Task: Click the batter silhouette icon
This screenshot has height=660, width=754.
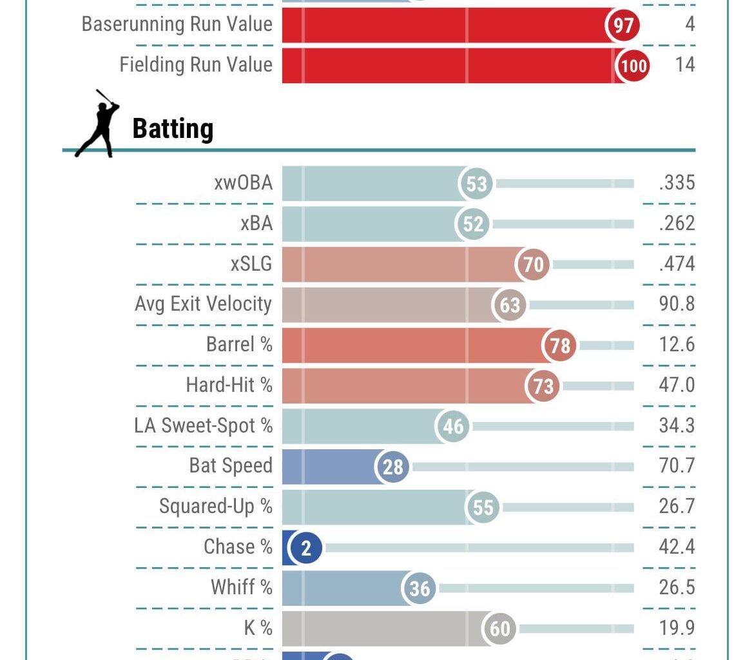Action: point(97,124)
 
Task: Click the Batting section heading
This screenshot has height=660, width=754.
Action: point(173,129)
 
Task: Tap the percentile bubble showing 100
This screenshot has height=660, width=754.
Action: point(633,65)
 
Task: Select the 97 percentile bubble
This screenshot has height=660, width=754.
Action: point(623,25)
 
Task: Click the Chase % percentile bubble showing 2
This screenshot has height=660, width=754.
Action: point(306,548)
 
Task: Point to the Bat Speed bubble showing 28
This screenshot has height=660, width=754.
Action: point(392,467)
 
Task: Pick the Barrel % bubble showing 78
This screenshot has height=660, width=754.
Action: point(560,345)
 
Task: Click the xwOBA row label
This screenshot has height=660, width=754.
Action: point(243,183)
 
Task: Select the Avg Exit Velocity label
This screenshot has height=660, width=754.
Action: point(203,304)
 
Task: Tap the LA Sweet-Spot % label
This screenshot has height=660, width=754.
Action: point(203,425)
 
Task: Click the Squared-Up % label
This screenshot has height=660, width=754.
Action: point(215,507)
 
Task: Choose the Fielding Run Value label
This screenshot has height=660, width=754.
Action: point(196,64)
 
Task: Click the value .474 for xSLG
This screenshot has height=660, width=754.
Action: point(677,264)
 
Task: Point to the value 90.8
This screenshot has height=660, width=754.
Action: point(677,304)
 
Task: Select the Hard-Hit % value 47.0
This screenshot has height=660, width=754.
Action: point(677,385)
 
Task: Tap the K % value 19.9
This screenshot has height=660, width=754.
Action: point(677,628)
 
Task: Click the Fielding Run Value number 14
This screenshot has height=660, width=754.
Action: point(685,64)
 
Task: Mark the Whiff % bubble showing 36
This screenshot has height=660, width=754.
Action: point(420,588)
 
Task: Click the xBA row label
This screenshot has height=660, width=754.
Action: point(256,223)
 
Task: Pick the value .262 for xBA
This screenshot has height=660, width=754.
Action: point(677,224)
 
